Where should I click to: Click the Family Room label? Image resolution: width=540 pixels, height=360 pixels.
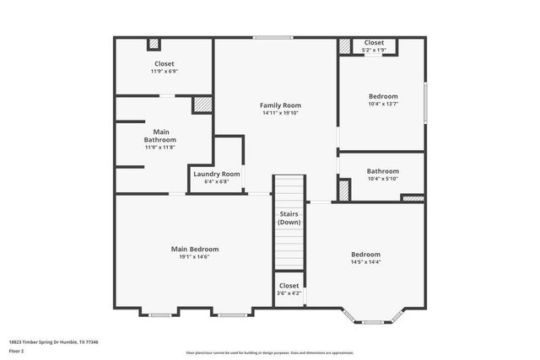click(x=280, y=105)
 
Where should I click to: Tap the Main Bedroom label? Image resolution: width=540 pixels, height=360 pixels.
click(x=195, y=249)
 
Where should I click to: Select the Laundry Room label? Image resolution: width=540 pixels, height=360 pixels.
click(x=217, y=174)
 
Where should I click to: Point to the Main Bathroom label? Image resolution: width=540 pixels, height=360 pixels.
click(x=159, y=135)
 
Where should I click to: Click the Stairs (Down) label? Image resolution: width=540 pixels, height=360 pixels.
click(x=289, y=218)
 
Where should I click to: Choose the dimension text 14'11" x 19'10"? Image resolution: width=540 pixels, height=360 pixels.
click(x=280, y=113)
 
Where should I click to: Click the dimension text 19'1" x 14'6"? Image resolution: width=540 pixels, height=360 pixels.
click(x=195, y=257)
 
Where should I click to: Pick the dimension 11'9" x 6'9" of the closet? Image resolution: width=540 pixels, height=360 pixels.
click(x=164, y=72)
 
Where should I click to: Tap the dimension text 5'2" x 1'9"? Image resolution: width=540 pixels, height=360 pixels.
click(x=374, y=51)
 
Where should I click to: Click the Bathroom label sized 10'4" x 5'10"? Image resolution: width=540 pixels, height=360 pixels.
click(x=382, y=170)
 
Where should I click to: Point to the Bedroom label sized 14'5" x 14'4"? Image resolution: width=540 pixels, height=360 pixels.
click(x=365, y=254)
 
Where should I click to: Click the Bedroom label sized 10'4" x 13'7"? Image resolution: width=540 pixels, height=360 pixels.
click(x=382, y=96)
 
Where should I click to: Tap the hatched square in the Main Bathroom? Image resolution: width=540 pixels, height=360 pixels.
click(x=202, y=105)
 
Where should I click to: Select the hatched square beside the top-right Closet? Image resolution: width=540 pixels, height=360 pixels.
click(x=345, y=47)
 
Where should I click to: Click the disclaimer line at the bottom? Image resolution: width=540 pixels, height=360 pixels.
click(x=269, y=353)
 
